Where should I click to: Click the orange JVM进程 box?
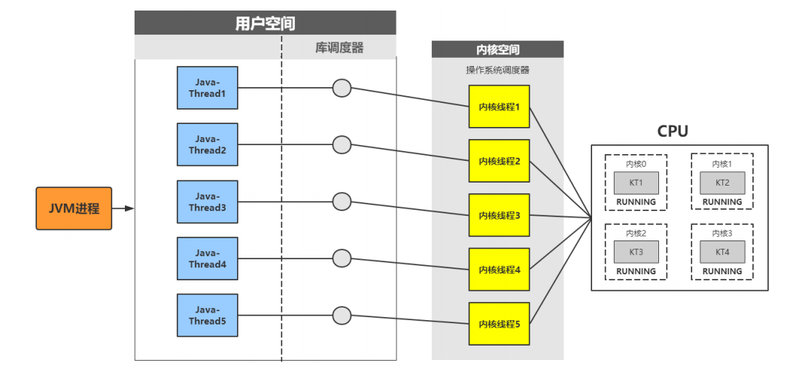[74, 208]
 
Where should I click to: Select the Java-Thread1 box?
[207, 88]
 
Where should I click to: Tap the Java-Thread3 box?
[207, 201]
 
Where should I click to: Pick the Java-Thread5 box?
[207, 315]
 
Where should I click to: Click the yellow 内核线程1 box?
[499, 107]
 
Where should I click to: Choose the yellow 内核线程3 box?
[499, 215]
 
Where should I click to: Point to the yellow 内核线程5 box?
[499, 324]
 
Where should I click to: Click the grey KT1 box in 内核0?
[636, 183]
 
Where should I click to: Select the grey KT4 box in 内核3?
[722, 252]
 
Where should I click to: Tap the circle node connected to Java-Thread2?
[342, 144]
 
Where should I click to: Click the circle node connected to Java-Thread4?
[342, 258]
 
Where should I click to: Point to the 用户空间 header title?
[265, 23]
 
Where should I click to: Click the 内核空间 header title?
[497, 50]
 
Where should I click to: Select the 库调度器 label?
[339, 47]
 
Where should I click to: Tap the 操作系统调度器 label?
[497, 70]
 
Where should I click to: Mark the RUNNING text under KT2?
[722, 202]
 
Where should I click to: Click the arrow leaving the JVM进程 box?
[123, 208]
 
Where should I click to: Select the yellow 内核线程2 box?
[499, 161]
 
